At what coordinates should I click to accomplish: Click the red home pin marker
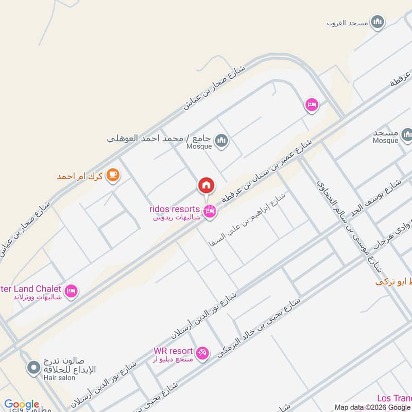(x=206, y=185)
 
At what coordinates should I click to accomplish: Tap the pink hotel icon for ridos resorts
(x=209, y=212)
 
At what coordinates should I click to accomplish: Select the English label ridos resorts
(x=174, y=209)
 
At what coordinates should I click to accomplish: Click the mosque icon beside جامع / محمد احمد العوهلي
(x=221, y=141)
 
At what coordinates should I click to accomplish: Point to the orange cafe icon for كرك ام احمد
(x=112, y=176)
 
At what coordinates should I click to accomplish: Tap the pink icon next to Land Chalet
(x=72, y=291)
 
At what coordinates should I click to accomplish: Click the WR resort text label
(x=173, y=351)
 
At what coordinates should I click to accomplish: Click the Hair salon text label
(x=60, y=377)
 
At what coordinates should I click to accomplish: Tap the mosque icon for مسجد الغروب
(x=378, y=22)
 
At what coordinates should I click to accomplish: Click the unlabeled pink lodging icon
(x=312, y=105)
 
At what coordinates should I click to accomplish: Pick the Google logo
(x=22, y=405)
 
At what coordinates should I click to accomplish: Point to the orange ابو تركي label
(x=394, y=282)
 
